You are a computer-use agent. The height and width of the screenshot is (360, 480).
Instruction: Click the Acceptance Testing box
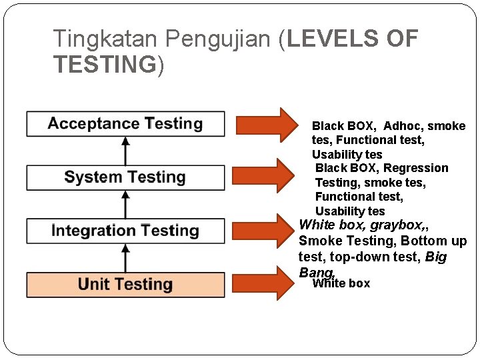pyautogui.click(x=125, y=124)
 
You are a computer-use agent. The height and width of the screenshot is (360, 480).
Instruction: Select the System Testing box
pyautogui.click(x=125, y=177)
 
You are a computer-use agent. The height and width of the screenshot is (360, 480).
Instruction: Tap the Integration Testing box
pyautogui.click(x=125, y=231)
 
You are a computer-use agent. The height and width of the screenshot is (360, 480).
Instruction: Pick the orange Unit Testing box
pyautogui.click(x=125, y=285)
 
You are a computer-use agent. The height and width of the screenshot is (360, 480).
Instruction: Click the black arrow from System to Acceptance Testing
pyautogui.click(x=125, y=150)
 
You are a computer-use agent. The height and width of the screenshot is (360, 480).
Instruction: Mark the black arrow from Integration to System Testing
pyautogui.click(x=125, y=204)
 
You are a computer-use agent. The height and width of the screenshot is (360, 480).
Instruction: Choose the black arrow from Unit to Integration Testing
pyautogui.click(x=125, y=257)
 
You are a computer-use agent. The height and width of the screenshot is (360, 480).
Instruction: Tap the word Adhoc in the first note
pyautogui.click(x=403, y=126)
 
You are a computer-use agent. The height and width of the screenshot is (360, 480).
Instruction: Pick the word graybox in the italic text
pyautogui.click(x=396, y=225)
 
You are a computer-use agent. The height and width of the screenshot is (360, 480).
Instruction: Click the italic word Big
pyautogui.click(x=435, y=257)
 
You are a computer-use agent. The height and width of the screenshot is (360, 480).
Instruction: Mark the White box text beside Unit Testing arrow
pyautogui.click(x=341, y=283)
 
